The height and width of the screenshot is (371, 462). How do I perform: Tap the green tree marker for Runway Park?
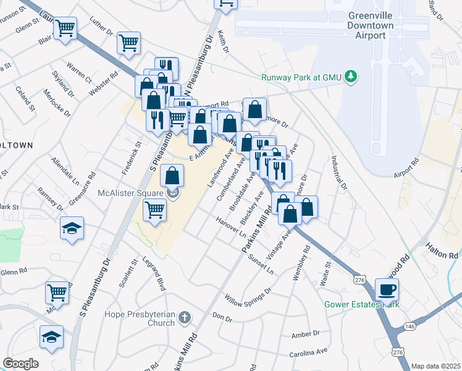click(351, 77)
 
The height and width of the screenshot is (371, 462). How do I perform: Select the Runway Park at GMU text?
click(301, 77)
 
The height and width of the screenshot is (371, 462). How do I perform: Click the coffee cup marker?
click(387, 290)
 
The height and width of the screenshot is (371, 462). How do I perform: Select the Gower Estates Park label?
click(363, 304)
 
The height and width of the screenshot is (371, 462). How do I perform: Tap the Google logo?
click(20, 364)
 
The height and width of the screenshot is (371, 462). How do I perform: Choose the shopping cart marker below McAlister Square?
click(154, 211)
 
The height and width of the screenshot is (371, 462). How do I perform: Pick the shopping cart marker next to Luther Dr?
click(128, 43)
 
